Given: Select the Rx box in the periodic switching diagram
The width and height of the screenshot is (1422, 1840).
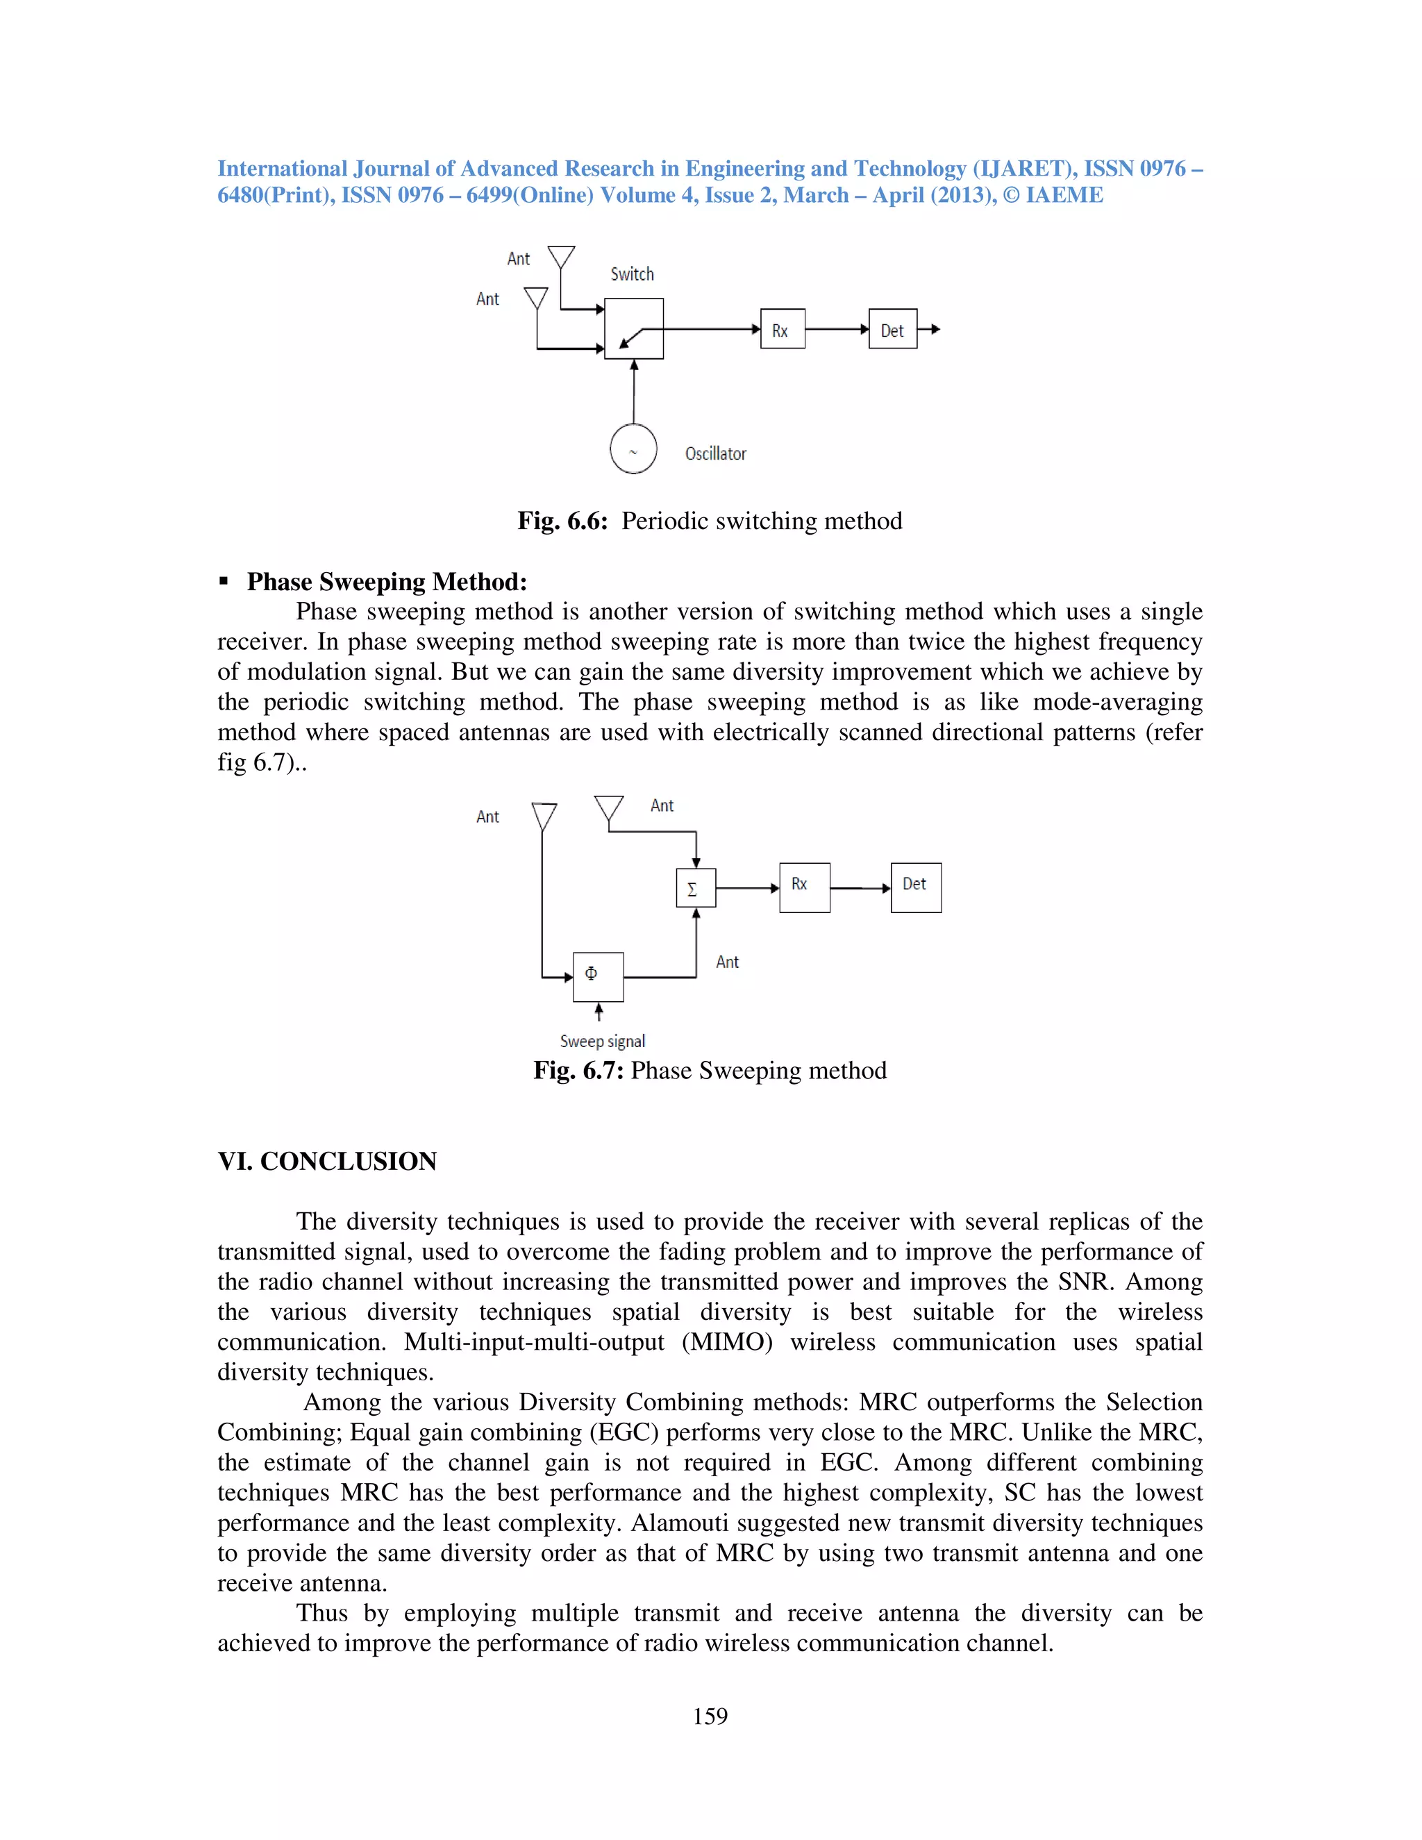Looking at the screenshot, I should [x=783, y=328].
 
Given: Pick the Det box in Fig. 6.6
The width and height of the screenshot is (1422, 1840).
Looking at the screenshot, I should [x=893, y=328].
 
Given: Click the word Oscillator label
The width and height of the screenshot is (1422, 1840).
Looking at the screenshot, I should [x=715, y=454].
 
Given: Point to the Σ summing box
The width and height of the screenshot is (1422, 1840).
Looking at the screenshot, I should [x=696, y=888].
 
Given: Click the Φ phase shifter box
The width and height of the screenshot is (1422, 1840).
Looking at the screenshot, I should [x=598, y=976].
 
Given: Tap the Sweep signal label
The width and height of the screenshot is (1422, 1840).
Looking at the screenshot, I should [x=602, y=1042].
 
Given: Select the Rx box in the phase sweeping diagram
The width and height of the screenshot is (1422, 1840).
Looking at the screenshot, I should [x=805, y=887].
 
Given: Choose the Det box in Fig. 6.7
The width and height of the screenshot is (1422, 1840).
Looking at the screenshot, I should [x=916, y=887].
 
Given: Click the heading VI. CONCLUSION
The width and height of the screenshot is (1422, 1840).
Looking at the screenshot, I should [x=327, y=1161].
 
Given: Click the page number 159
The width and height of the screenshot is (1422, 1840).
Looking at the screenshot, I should [x=710, y=1716].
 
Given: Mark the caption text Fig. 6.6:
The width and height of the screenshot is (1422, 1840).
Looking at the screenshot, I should [x=562, y=521].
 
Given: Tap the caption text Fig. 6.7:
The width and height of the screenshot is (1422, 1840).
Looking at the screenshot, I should [x=578, y=1070].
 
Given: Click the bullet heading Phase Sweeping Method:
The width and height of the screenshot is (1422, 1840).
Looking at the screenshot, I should [x=387, y=581].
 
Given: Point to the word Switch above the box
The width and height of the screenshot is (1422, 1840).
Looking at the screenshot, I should [x=632, y=274].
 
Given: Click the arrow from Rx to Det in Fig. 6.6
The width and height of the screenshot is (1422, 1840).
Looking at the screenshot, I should [x=837, y=329].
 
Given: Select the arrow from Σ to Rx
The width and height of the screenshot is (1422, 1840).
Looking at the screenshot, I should [x=747, y=888].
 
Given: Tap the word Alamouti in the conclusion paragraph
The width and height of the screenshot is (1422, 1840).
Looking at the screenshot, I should [x=671, y=1523].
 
